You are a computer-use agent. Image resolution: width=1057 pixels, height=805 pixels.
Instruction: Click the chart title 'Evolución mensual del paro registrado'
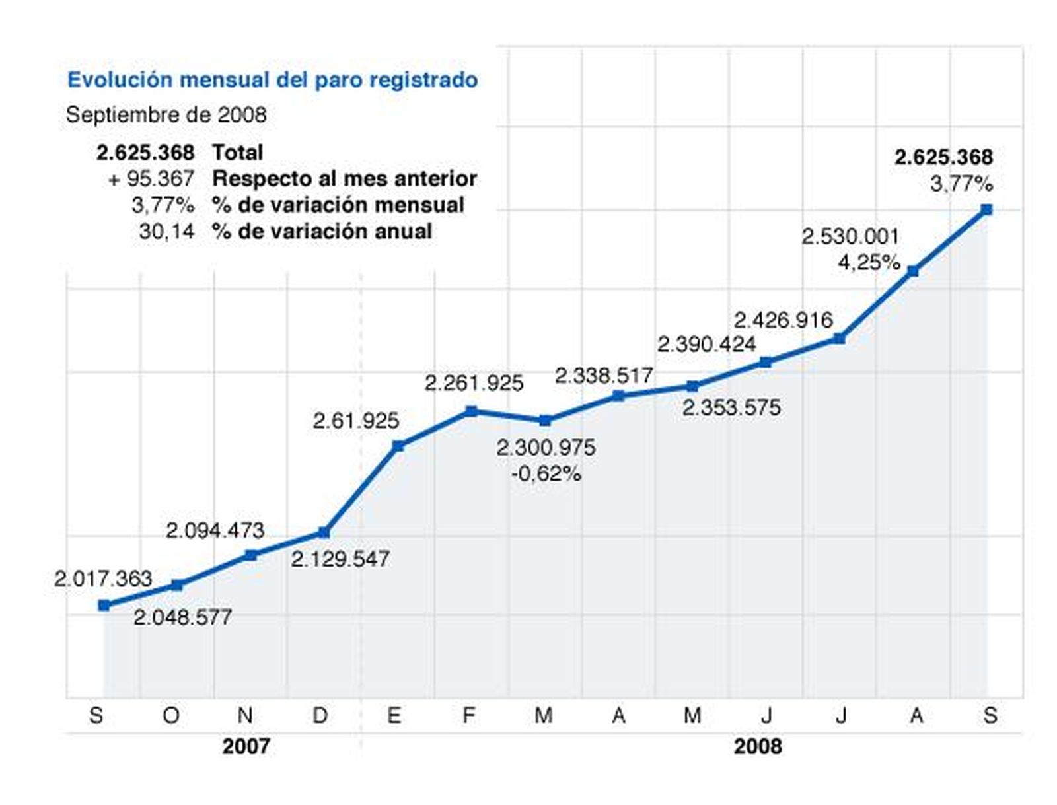click(x=272, y=80)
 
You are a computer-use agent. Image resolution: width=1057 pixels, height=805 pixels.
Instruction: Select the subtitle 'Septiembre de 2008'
click(x=166, y=115)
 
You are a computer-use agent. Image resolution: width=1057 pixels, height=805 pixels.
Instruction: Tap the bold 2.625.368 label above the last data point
click(x=943, y=157)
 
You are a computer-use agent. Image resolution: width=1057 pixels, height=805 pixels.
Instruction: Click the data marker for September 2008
click(x=986, y=210)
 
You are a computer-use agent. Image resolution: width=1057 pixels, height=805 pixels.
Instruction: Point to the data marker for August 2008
click(x=913, y=271)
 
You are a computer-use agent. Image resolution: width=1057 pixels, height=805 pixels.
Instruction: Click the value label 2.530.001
click(x=850, y=236)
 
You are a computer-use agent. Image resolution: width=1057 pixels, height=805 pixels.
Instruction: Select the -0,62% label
click(x=546, y=473)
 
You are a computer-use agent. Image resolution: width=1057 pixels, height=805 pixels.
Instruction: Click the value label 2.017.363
click(x=103, y=579)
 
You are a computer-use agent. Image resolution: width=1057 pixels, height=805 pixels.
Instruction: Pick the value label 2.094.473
click(x=215, y=530)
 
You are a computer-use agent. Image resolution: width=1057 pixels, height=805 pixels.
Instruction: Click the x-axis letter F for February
click(x=469, y=715)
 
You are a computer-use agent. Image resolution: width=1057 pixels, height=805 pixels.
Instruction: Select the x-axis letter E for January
click(x=394, y=715)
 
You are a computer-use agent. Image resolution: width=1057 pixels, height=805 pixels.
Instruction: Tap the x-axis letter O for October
click(x=171, y=715)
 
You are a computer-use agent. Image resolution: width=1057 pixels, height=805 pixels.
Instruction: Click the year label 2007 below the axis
click(x=246, y=747)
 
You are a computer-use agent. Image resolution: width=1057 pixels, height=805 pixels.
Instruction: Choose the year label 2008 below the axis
click(x=758, y=747)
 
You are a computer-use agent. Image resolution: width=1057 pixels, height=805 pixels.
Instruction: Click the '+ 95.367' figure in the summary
click(x=151, y=178)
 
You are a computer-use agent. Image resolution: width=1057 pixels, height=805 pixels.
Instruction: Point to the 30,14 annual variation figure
click(x=166, y=232)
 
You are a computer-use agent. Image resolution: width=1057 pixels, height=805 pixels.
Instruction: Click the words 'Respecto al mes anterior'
click(x=344, y=178)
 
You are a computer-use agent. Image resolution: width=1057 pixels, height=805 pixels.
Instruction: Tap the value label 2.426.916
click(x=783, y=320)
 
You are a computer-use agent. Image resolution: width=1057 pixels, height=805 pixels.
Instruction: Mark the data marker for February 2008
click(x=471, y=411)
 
